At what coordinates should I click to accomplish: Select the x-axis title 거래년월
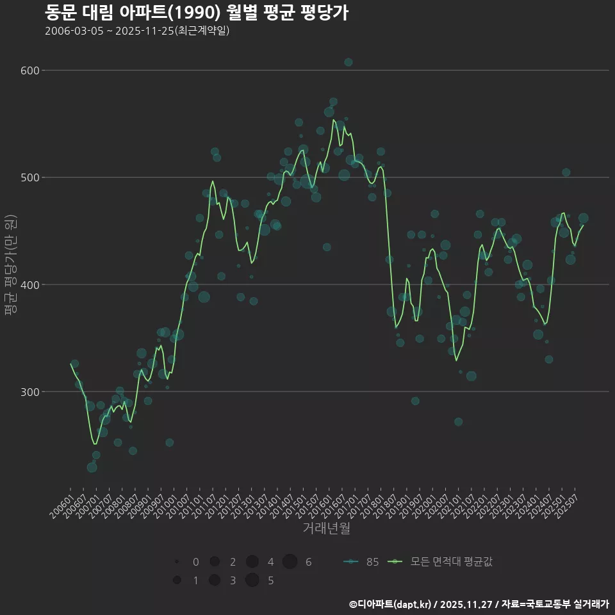point(326,529)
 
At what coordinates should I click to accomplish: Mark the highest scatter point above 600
point(348,62)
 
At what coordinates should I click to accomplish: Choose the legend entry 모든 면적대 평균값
point(442,562)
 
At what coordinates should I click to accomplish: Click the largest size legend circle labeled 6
point(290,562)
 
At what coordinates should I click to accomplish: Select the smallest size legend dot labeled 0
point(177,562)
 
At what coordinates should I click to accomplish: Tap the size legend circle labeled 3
point(215,580)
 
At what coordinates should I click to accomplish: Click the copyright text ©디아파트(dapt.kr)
point(391,604)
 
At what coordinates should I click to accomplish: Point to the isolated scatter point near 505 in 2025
point(566,172)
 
